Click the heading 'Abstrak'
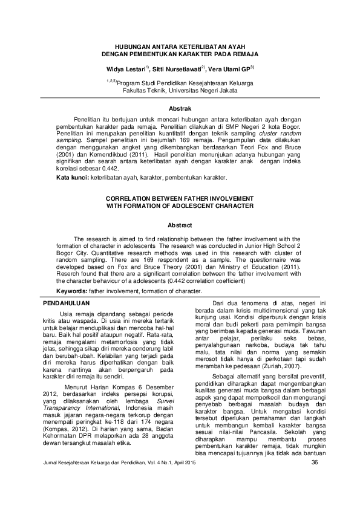tap(180, 107)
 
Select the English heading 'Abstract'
tap(180, 224)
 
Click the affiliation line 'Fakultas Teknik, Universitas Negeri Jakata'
tap(180, 89)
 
